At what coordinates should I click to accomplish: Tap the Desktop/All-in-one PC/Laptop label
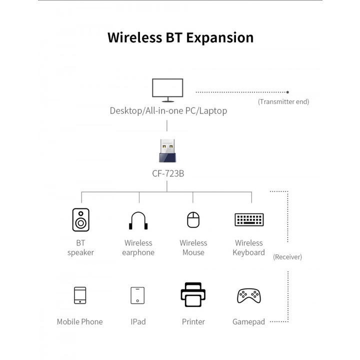(x=168, y=110)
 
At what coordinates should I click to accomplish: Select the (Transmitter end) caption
(x=283, y=101)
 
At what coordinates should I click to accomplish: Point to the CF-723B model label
(x=168, y=174)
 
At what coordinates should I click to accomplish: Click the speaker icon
(x=80, y=220)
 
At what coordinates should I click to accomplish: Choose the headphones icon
(x=138, y=220)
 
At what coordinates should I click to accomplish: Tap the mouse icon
(x=193, y=220)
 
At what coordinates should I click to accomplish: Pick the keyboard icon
(x=249, y=219)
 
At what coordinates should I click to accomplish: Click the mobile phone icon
(x=80, y=295)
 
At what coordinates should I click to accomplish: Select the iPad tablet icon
(x=137, y=295)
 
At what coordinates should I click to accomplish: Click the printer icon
(x=193, y=294)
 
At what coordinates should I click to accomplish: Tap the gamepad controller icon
(x=248, y=295)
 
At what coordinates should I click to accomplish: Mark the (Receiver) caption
(x=287, y=257)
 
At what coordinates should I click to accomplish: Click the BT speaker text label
(x=80, y=247)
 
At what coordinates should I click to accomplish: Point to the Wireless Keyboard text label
(x=248, y=247)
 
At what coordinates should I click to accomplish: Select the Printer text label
(x=193, y=321)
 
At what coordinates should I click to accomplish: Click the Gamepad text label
(x=248, y=321)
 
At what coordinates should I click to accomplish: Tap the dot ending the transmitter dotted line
(x=287, y=92)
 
